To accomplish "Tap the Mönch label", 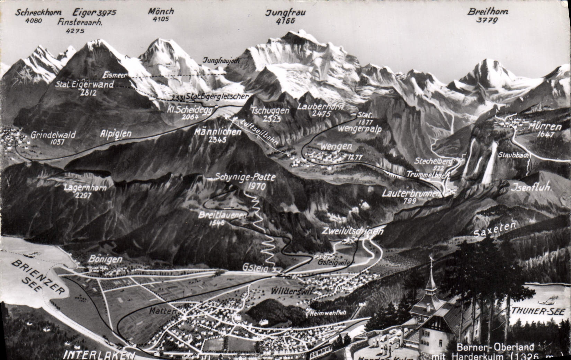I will click(x=161, y=11).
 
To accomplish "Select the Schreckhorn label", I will click(x=38, y=13).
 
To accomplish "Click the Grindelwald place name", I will click(x=53, y=135).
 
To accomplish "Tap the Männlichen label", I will click(x=218, y=132).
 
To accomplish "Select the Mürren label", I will click(x=545, y=127).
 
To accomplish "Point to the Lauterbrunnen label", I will click(x=411, y=193).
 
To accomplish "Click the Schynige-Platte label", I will click(x=246, y=178).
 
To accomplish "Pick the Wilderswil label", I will click(x=292, y=291).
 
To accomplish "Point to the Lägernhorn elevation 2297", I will click(x=83, y=196).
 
